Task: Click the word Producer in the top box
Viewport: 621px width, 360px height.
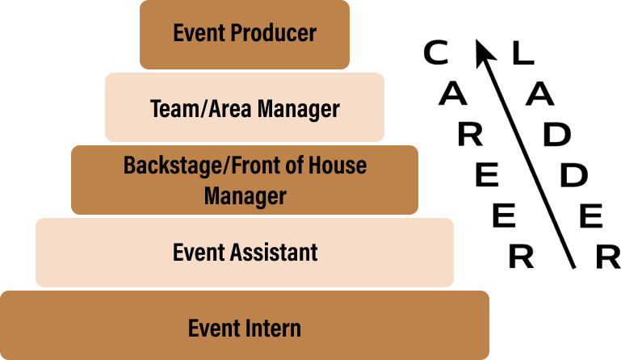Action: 273,32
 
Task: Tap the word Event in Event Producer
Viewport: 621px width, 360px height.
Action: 199,32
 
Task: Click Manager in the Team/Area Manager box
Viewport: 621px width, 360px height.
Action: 299,110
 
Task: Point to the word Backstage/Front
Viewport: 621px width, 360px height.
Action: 202,165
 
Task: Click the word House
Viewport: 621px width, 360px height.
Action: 338,165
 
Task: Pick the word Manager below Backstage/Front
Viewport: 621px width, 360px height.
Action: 245,197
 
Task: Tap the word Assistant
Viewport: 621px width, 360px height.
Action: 274,253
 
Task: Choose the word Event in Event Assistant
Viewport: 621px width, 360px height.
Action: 199,253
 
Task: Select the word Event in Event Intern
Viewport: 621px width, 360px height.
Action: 214,329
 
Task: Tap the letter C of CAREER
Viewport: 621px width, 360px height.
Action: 436,52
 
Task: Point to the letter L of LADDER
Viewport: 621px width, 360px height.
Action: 523,53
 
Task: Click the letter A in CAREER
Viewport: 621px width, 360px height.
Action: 453,94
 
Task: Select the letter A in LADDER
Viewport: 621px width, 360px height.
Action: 539,94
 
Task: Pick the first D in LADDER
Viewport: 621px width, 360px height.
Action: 557,134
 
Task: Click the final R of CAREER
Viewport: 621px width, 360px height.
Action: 521,256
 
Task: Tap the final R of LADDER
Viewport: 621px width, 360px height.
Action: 608,257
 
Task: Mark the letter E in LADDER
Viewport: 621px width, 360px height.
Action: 591,216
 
